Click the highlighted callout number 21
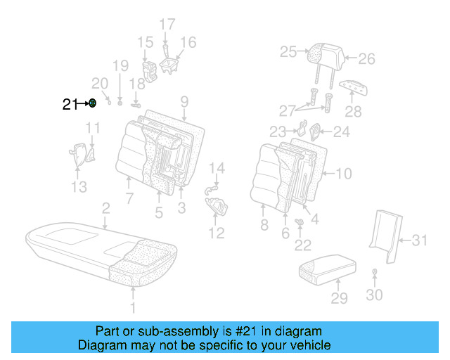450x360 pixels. click(69, 105)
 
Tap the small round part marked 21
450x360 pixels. click(92, 104)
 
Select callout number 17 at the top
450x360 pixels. click(167, 24)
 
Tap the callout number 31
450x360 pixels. click(419, 240)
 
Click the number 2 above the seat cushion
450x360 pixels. click(105, 208)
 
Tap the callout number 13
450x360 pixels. click(79, 186)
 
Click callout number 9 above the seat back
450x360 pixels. click(184, 101)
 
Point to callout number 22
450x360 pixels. click(302, 245)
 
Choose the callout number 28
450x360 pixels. click(353, 111)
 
